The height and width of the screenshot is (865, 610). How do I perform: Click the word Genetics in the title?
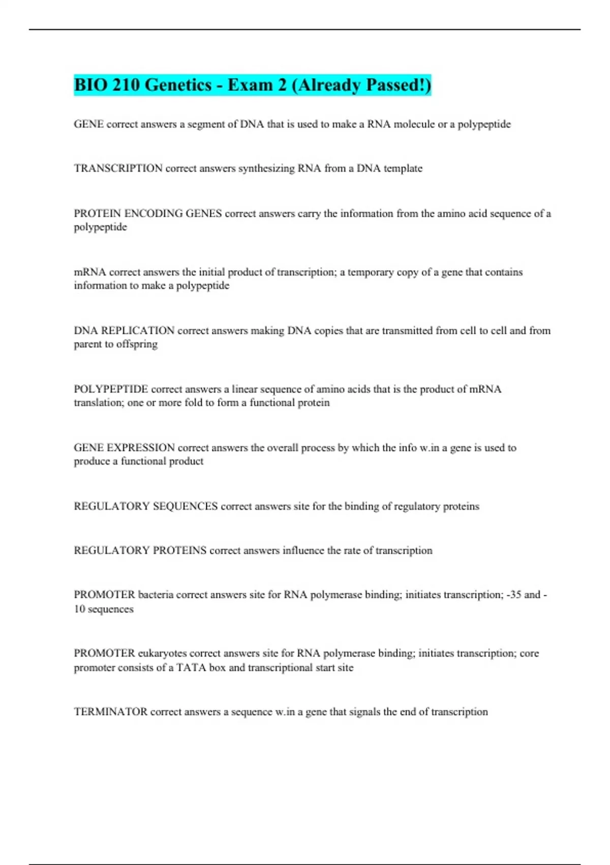[x=178, y=84]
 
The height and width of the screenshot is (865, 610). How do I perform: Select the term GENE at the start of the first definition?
[x=88, y=124]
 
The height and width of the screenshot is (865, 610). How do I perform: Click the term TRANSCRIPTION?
[x=118, y=168]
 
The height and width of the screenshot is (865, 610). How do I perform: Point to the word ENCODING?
[x=153, y=214]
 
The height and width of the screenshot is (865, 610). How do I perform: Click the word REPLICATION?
[x=138, y=331]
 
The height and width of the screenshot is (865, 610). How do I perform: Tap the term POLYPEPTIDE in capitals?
[x=111, y=389]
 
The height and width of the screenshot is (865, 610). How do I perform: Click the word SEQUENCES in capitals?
[x=185, y=506]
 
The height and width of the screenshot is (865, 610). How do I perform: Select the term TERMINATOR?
[x=110, y=712]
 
